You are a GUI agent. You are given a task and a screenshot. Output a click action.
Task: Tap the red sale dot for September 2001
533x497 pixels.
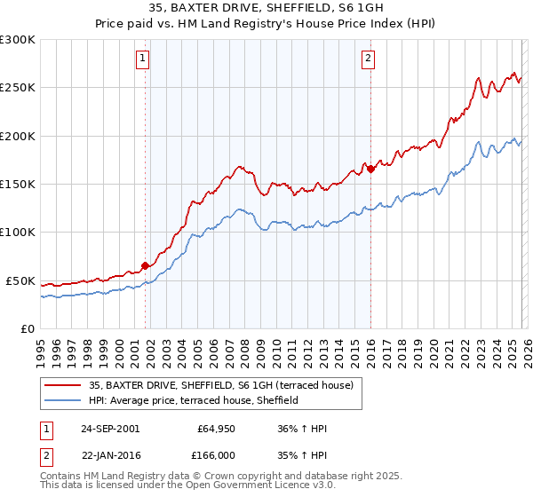point(146,265)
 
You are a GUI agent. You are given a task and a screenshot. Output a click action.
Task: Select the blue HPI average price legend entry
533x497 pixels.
point(192,401)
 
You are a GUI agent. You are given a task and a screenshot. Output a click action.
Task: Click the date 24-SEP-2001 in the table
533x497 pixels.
point(110,429)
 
